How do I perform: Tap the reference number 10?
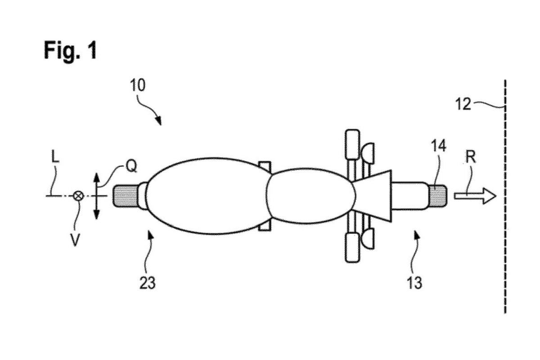point(138,85)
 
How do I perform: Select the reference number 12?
point(463,104)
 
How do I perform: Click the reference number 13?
point(414,282)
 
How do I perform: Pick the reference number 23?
point(148,283)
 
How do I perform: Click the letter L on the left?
point(55,157)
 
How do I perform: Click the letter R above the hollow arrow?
point(471,157)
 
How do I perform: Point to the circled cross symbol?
point(78,196)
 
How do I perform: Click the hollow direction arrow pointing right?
point(475,196)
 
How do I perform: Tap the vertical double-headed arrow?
point(96,196)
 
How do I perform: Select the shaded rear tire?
point(126,196)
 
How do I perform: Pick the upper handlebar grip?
point(353,145)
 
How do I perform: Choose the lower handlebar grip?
point(353,247)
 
